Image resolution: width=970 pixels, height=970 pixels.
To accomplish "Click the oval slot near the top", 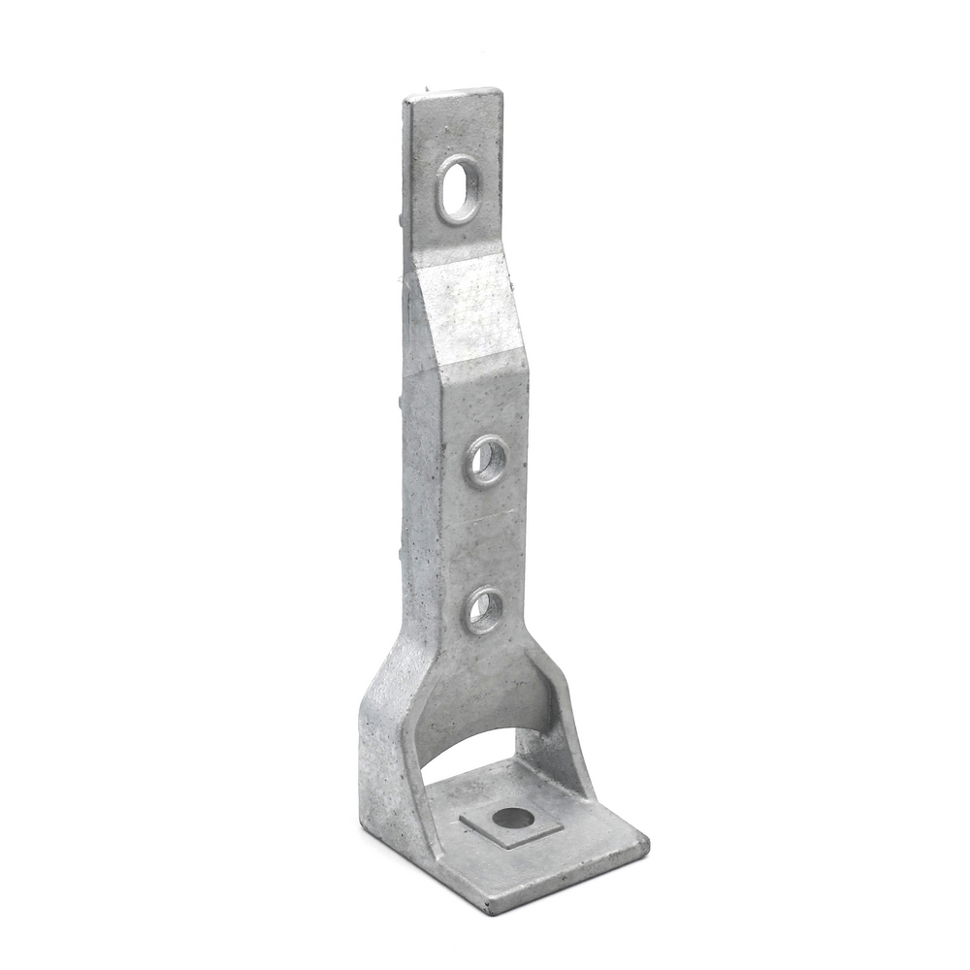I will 457,189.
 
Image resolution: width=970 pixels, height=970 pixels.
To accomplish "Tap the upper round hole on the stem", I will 487,461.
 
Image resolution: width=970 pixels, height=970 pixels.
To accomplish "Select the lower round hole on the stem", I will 484,611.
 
